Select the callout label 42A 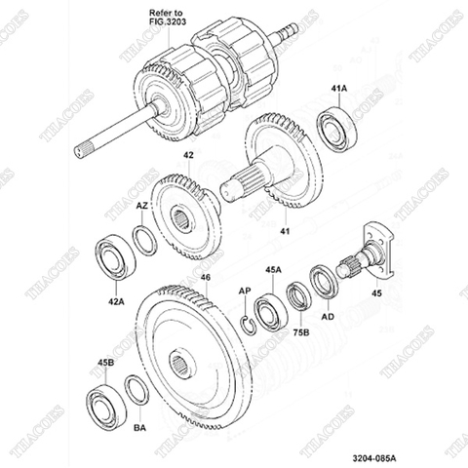click(x=116, y=302)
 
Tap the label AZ click(x=141, y=207)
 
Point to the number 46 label click(x=205, y=278)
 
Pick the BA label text click(x=139, y=427)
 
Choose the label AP click(x=245, y=292)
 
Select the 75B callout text click(x=301, y=332)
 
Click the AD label click(x=329, y=317)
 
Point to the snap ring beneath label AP click(x=250, y=322)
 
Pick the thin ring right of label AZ click(x=142, y=239)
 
